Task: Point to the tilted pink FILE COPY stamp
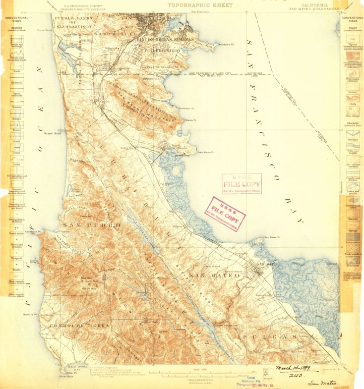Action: click(x=225, y=213)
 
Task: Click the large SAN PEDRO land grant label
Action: click(x=91, y=224)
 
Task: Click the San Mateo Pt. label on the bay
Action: click(x=271, y=237)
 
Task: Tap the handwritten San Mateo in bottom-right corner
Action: click(x=322, y=382)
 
